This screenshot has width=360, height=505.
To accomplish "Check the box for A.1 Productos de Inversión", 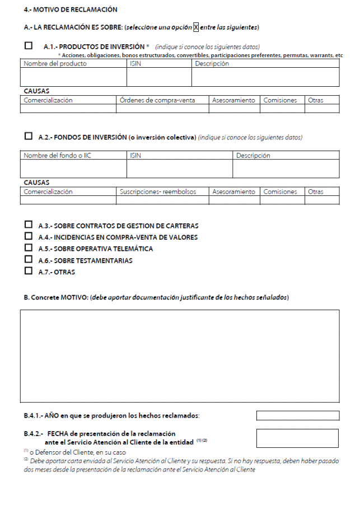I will [x=29, y=46].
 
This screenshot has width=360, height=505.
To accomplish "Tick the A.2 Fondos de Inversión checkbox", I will [x=29, y=136].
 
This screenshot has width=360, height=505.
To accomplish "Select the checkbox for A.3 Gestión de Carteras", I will [x=29, y=225].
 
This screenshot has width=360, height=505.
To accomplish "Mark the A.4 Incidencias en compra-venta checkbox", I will [x=29, y=236].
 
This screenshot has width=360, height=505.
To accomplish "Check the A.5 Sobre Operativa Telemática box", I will [x=29, y=248].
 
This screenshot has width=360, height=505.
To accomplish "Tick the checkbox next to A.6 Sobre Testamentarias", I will [x=29, y=260].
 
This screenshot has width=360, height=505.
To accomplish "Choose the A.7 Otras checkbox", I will [x=29, y=272].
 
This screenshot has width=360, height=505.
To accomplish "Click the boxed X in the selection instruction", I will [x=196, y=27].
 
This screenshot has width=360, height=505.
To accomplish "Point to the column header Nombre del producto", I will [x=55, y=64].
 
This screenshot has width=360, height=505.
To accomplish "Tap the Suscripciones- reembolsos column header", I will [x=158, y=191].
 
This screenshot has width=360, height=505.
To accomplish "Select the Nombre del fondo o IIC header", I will [x=57, y=156].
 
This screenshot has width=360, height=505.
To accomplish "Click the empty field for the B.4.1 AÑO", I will [x=297, y=415].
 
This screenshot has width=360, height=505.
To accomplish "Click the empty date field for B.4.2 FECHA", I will [x=297, y=438].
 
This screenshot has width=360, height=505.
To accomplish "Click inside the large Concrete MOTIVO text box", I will [x=180, y=356].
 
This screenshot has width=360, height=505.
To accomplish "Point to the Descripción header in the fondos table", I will [x=253, y=156].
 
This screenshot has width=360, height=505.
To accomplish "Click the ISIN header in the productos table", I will [x=136, y=64].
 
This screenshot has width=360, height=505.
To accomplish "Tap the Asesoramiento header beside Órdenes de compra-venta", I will [x=233, y=100].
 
